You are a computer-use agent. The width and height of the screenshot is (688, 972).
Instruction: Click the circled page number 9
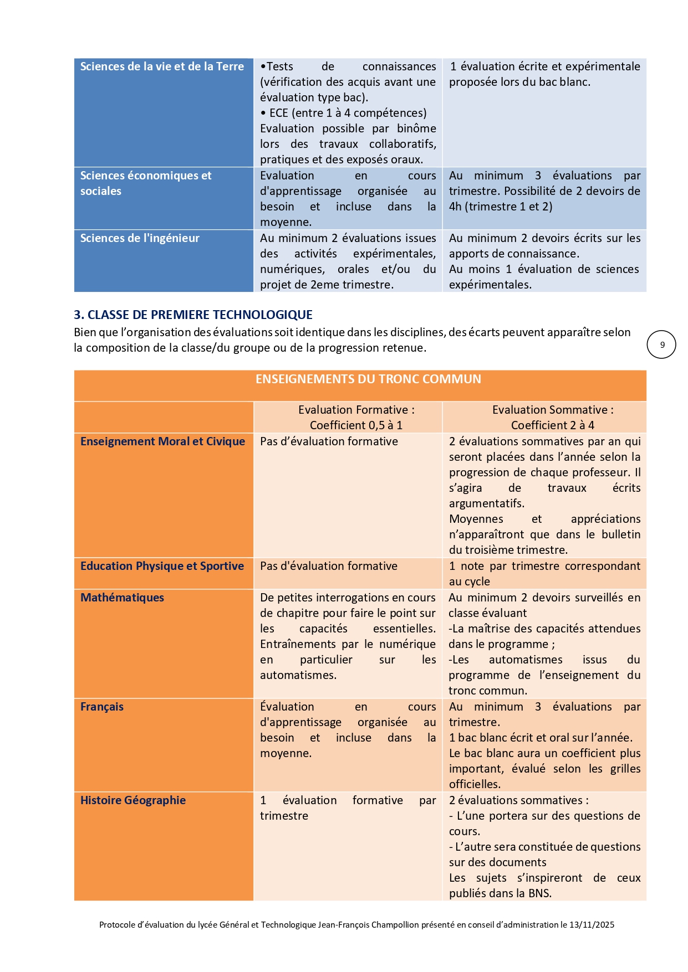661,344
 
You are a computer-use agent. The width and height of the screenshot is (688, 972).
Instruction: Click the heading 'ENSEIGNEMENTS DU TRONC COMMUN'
368,379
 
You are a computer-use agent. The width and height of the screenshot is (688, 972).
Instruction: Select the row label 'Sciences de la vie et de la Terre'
162,66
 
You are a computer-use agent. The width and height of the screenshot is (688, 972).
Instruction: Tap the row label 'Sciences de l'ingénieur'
140,238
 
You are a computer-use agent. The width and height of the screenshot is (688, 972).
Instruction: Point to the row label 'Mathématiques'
122,598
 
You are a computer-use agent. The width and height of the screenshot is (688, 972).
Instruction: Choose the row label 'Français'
102,707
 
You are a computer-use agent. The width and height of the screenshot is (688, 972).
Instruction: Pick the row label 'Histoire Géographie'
133,800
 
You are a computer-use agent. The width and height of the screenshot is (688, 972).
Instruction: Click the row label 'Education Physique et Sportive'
162,566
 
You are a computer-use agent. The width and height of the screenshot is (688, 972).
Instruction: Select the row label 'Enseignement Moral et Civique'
162,441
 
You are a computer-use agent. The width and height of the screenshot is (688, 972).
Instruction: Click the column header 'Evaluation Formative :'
356,410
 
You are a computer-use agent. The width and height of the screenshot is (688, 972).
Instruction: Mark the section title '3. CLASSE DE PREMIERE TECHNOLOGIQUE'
193,315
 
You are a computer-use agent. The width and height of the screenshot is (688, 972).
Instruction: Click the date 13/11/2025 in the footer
592,925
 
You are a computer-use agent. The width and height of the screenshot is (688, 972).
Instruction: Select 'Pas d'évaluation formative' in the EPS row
329,566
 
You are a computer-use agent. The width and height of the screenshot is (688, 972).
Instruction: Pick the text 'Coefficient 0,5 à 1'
356,425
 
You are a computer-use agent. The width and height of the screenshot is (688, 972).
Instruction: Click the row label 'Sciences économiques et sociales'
146,183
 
